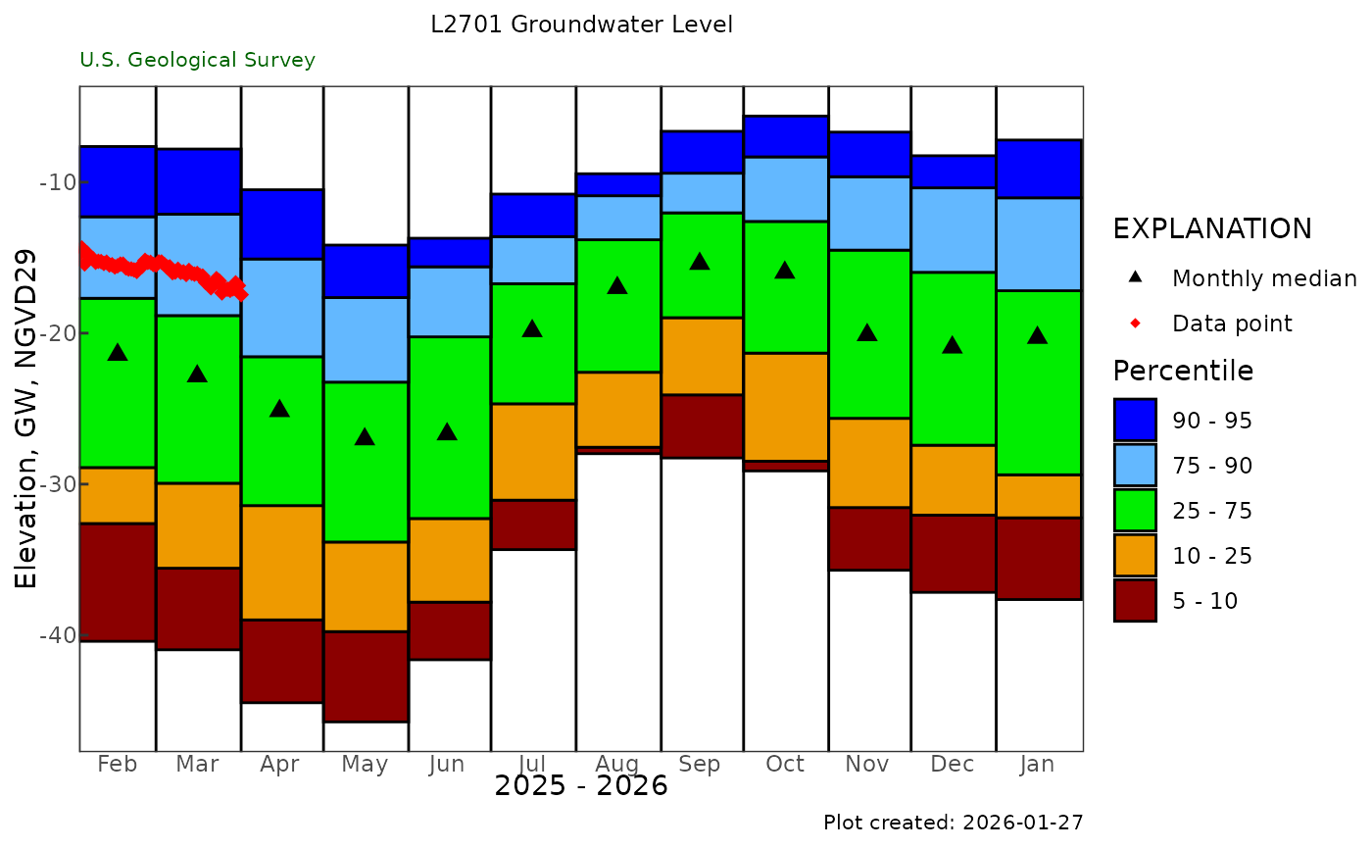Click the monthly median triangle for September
[x=699, y=261]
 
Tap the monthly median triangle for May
[x=365, y=436]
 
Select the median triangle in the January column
[x=1037, y=335]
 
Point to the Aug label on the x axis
[x=616, y=765]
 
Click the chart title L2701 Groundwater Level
[x=581, y=25]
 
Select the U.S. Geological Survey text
[x=198, y=60]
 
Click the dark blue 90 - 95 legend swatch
[x=1135, y=420]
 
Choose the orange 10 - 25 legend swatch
[x=1135, y=556]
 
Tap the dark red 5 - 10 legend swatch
[x=1135, y=601]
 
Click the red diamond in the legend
[x=1135, y=324]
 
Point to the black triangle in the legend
[x=1135, y=277]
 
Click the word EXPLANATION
[x=1211, y=229]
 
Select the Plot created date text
[x=953, y=822]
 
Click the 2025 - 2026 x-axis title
[x=581, y=786]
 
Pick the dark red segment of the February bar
[x=118, y=582]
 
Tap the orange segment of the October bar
[x=784, y=406]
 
